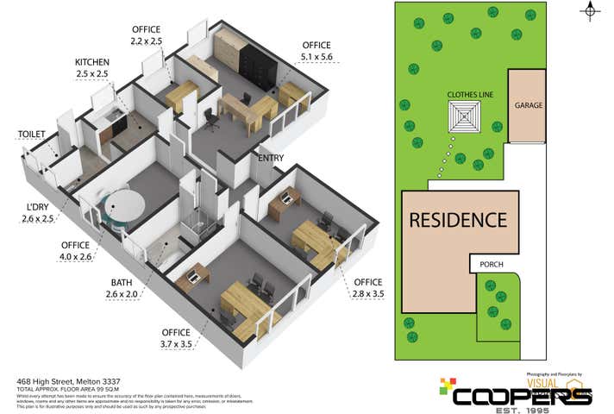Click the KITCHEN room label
[x=93, y=62]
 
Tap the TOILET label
[x=32, y=134]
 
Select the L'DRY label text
[x=37, y=208]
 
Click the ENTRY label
[x=270, y=158]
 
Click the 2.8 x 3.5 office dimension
[x=367, y=294]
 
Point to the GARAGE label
[x=528, y=105]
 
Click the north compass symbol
[x=591, y=11]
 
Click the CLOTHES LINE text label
[x=469, y=94]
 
